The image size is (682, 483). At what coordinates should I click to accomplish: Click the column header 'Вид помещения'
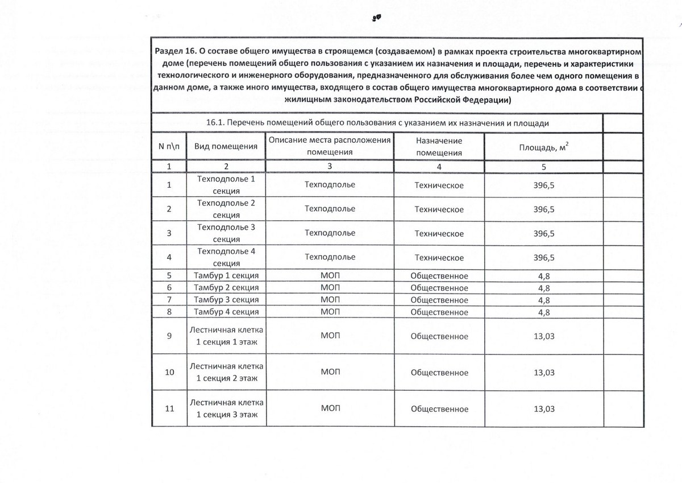pyautogui.click(x=226, y=147)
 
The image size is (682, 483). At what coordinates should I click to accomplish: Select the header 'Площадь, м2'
pyautogui.click(x=544, y=147)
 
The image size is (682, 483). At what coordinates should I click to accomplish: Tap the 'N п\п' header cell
pyautogui.click(x=169, y=147)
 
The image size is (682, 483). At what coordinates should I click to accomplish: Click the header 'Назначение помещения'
pyautogui.click(x=439, y=147)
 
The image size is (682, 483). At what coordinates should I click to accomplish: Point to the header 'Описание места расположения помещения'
pyautogui.click(x=330, y=146)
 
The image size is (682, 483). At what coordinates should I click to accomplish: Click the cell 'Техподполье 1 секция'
pyautogui.click(x=226, y=185)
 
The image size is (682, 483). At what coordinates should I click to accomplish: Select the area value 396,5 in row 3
pyautogui.click(x=544, y=233)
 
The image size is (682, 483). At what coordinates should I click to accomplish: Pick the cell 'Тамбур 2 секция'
pyautogui.click(x=226, y=288)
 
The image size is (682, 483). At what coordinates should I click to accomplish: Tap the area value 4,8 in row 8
pyautogui.click(x=544, y=312)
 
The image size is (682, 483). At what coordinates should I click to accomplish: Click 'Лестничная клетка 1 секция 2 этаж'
pyautogui.click(x=226, y=373)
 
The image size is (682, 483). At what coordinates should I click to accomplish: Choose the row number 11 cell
pyautogui.click(x=169, y=409)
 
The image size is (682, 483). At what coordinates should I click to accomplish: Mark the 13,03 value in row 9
pyautogui.click(x=544, y=336)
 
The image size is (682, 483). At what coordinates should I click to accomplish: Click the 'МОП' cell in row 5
pyautogui.click(x=330, y=276)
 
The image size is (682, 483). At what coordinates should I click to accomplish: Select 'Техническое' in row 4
pyautogui.click(x=439, y=258)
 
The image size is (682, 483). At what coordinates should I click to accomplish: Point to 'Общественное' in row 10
pyautogui.click(x=439, y=373)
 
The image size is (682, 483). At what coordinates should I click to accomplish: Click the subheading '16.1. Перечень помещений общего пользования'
pyautogui.click(x=377, y=123)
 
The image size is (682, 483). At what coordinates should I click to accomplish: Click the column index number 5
pyautogui.click(x=544, y=167)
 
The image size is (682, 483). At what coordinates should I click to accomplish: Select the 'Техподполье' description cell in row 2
pyautogui.click(x=330, y=209)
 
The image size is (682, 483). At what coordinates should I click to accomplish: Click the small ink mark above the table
pyautogui.click(x=376, y=18)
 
